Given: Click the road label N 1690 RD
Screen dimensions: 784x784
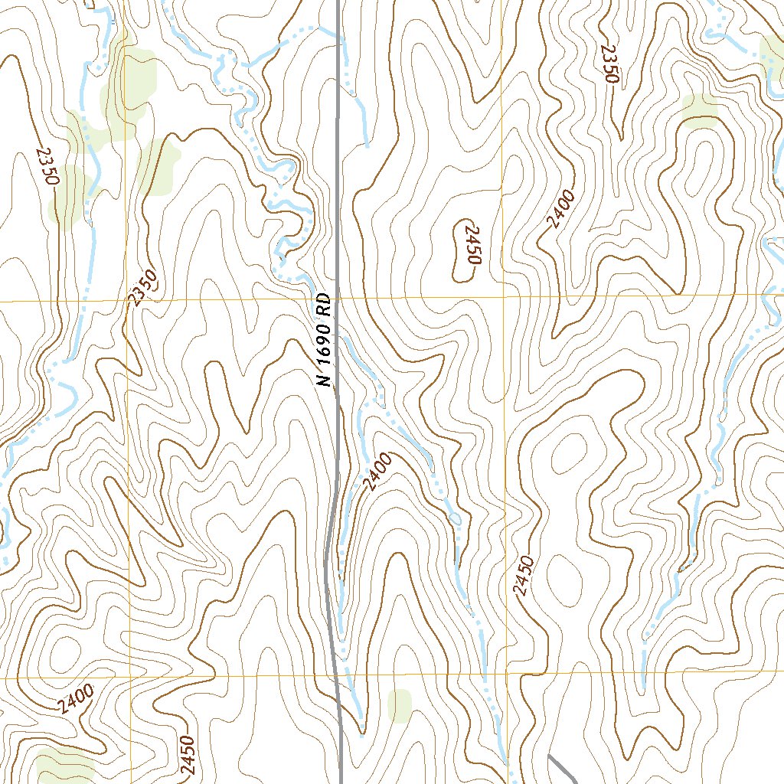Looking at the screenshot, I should [325, 340].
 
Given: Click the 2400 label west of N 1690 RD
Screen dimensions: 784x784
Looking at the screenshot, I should [75, 698].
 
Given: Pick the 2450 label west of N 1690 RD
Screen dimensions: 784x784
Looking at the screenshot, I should [188, 758].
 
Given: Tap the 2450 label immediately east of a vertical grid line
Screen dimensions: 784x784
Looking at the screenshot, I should [524, 576].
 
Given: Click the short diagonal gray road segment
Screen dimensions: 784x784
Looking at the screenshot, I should [563, 769].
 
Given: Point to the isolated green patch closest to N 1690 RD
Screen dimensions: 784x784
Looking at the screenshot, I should [400, 705].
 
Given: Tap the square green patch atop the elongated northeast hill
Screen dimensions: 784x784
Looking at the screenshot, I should [700, 109].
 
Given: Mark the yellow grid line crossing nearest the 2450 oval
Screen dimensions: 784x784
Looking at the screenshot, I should [504, 296].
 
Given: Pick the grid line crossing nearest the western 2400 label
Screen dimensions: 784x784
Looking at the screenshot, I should [130, 678].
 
